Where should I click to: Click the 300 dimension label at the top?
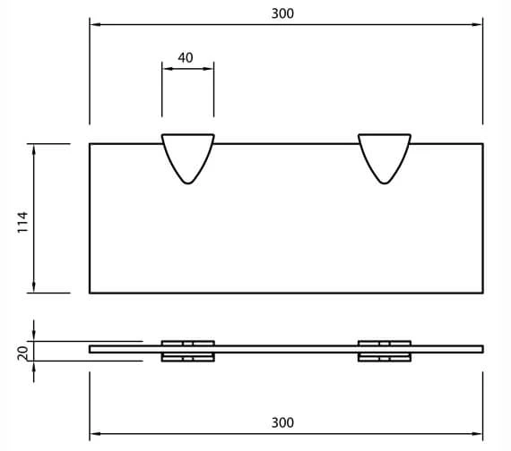point(282,13)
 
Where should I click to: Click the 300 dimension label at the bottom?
point(282,422)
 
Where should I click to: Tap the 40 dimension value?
point(186,57)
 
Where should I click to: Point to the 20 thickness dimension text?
point(23,353)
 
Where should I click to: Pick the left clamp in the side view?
point(187,350)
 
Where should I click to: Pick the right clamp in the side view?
point(385,350)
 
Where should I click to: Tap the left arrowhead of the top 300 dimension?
point(93,24)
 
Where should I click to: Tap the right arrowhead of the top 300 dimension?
point(479,24)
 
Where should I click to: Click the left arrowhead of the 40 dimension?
point(166,67)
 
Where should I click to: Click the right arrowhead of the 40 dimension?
point(210,67)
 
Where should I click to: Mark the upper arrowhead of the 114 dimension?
point(34,149)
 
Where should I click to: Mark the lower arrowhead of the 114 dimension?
point(34,287)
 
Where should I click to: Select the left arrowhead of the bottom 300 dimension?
point(93,434)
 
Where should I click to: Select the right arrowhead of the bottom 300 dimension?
point(479,434)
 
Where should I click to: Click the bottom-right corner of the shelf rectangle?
point(482,293)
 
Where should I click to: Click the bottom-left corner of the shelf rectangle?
point(90,293)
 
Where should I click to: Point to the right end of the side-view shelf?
point(481,349)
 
